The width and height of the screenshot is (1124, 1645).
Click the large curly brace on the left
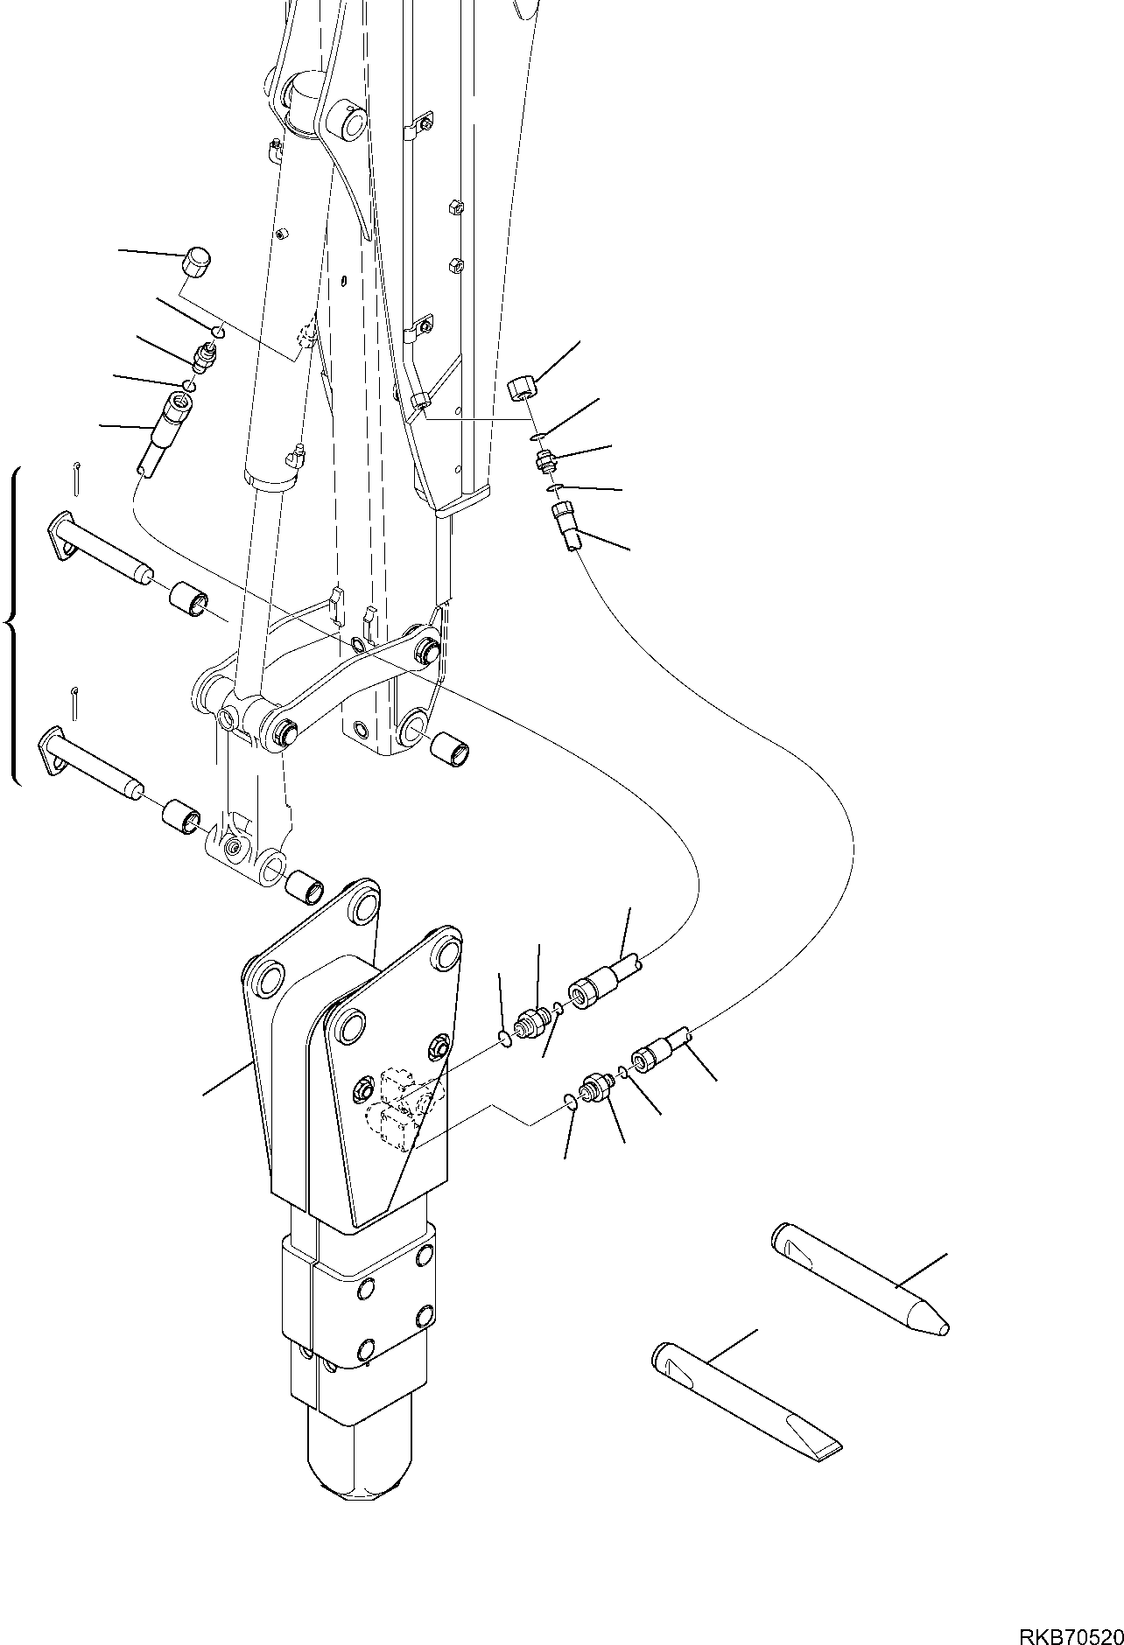pyautogui.click(x=12, y=623)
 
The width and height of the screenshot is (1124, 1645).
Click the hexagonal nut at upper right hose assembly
pyautogui.click(x=523, y=385)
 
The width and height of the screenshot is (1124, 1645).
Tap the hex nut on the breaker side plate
pyautogui.click(x=439, y=1046)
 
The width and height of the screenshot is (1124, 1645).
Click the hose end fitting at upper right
pyautogui.click(x=566, y=524)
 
